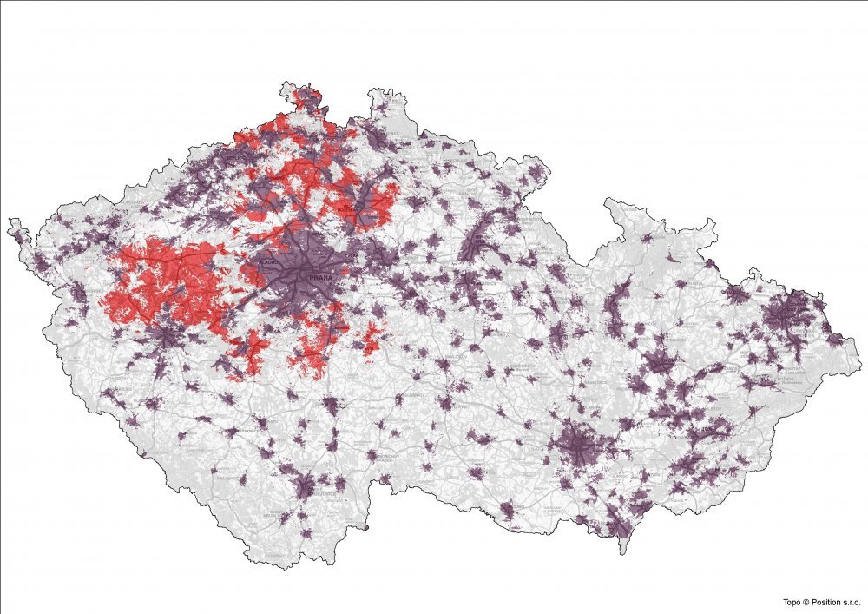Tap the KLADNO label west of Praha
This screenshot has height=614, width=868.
coord(269,261)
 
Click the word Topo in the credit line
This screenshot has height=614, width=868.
coord(791,602)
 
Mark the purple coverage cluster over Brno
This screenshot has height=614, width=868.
coord(577,447)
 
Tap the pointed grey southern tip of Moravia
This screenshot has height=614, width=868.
coord(621,552)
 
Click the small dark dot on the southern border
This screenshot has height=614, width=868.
coord(366,526)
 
